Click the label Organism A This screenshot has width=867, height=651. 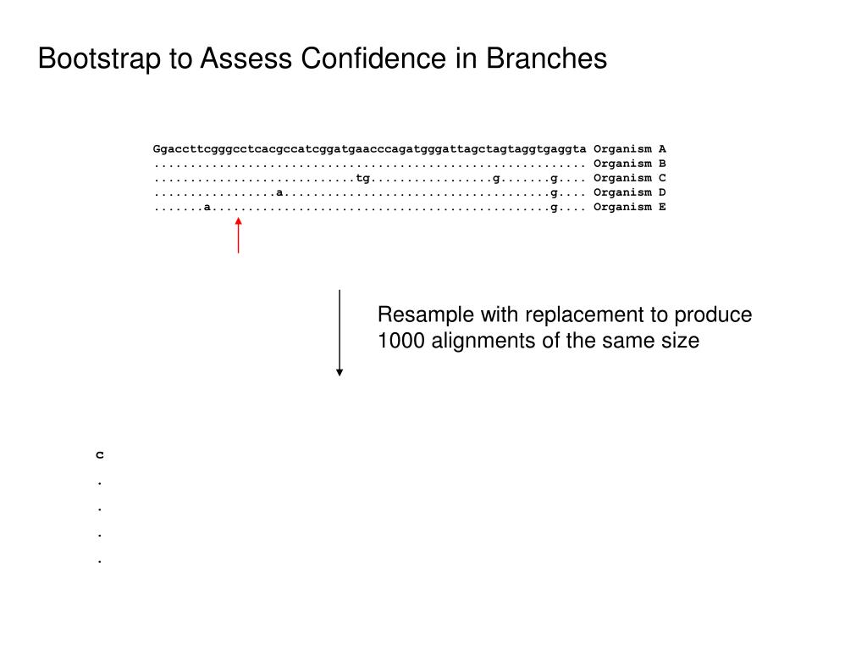tap(629, 149)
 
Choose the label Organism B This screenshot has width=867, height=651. tap(629, 164)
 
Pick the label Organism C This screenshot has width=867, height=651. tap(629, 178)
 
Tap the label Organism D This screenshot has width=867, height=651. tap(629, 192)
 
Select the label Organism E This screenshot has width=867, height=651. tap(629, 207)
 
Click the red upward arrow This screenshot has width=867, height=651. tap(238, 235)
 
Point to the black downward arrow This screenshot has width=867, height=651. tap(340, 332)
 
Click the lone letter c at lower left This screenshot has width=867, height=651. tap(100, 455)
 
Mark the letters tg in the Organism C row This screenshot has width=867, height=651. tap(363, 178)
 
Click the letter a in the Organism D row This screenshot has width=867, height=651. tap(279, 192)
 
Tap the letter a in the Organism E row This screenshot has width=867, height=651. tap(207, 207)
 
